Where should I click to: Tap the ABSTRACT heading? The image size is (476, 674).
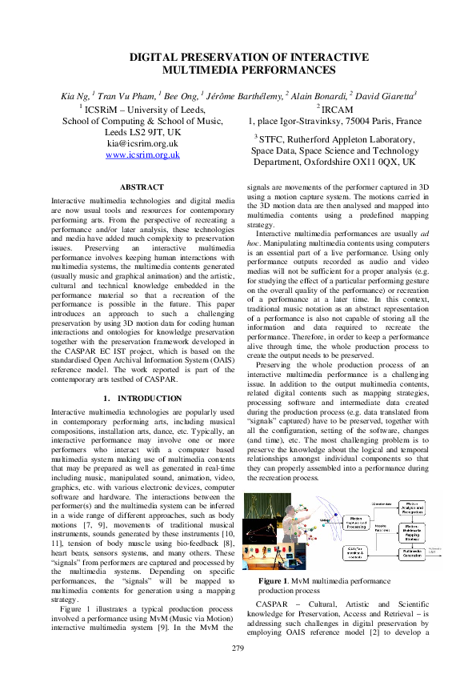coord(142,187)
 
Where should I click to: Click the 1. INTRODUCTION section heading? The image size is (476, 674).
coord(142,398)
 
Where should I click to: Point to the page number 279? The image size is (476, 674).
coord(238,648)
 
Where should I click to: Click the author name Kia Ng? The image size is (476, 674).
coord(74,97)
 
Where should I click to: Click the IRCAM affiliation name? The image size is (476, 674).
coord(338,109)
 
